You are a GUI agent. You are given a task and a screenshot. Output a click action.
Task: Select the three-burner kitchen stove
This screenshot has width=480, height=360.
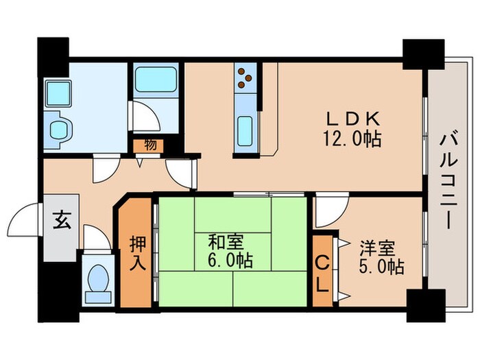point(245,80)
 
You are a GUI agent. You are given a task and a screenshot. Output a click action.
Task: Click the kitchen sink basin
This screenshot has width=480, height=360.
point(245,129)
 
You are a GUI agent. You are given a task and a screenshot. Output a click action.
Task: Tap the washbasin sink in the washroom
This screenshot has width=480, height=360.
point(60,130)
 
